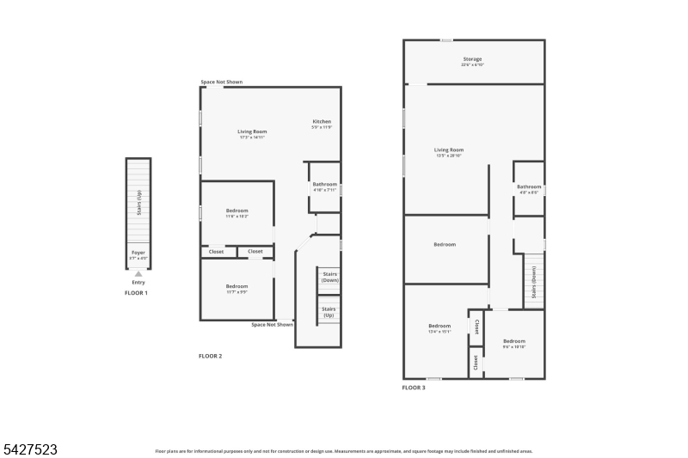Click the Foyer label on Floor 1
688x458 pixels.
tap(138, 253)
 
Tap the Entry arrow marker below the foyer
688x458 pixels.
tap(138, 274)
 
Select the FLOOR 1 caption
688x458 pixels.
tap(136, 294)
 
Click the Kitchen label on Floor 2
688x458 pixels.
tap(322, 122)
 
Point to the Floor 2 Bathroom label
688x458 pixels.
tap(324, 184)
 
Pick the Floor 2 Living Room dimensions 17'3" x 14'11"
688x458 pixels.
tap(252, 137)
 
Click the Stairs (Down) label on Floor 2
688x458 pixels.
tap(329, 277)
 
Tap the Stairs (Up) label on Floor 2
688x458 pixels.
tap(329, 311)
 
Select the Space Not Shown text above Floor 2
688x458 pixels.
tap(222, 82)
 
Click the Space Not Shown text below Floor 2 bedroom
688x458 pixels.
tap(272, 325)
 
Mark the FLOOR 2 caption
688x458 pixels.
tap(211, 356)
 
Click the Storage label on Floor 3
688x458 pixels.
tap(472, 59)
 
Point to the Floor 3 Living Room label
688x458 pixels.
tap(449, 150)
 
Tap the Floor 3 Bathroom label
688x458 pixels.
tap(529, 186)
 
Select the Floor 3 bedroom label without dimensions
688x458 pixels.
tap(445, 245)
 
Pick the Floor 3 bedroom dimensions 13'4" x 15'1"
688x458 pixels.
tap(439, 332)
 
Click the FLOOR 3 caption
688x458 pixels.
tap(414, 388)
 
